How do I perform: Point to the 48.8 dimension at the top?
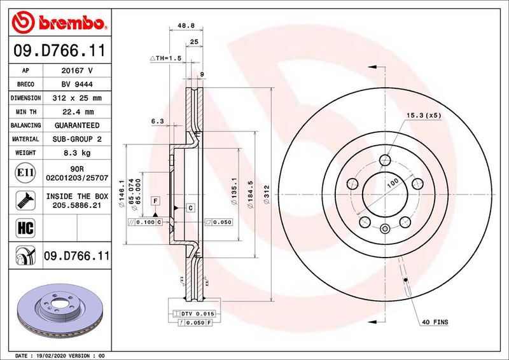(x=185, y=25)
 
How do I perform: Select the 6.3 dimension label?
(x=157, y=120)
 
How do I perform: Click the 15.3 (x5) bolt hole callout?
(x=423, y=116)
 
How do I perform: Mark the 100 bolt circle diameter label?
(x=393, y=183)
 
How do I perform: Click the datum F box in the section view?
(x=154, y=200)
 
